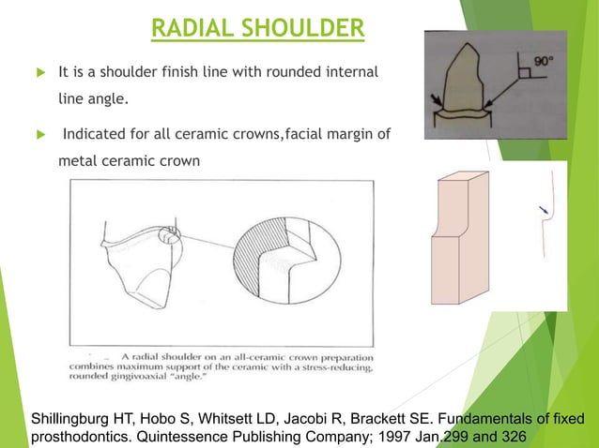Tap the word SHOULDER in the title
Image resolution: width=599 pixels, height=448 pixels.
(302, 27)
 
